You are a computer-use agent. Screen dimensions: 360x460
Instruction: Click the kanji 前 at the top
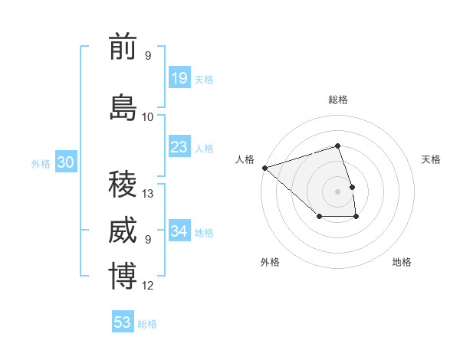tap(123, 47)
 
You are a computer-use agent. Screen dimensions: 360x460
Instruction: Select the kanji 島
tap(123, 107)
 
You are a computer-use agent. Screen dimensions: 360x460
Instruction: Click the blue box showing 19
tap(179, 78)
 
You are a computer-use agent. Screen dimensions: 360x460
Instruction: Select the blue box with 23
tap(179, 147)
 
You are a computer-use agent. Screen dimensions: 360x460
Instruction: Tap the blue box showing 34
tap(179, 231)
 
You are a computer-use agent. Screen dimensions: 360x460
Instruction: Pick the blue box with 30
tap(65, 162)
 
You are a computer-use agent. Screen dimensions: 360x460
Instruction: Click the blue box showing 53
tap(123, 322)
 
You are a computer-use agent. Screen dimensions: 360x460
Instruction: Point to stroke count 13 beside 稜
tap(149, 194)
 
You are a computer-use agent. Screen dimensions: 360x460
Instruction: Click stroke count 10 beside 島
tap(148, 117)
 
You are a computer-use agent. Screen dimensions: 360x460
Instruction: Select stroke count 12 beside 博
tap(149, 286)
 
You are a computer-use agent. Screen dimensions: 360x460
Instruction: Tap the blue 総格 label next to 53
tap(147, 324)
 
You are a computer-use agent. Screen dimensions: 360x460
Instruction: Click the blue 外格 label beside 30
tap(41, 164)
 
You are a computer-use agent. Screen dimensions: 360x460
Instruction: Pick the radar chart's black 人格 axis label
tap(245, 159)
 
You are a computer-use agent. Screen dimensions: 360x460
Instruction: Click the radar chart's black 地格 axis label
tap(402, 263)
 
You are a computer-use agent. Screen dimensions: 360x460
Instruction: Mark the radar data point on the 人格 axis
tap(264, 168)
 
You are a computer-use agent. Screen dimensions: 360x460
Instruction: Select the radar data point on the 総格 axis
tap(337, 146)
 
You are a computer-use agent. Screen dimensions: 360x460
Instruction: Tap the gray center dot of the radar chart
tap(337, 191)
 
